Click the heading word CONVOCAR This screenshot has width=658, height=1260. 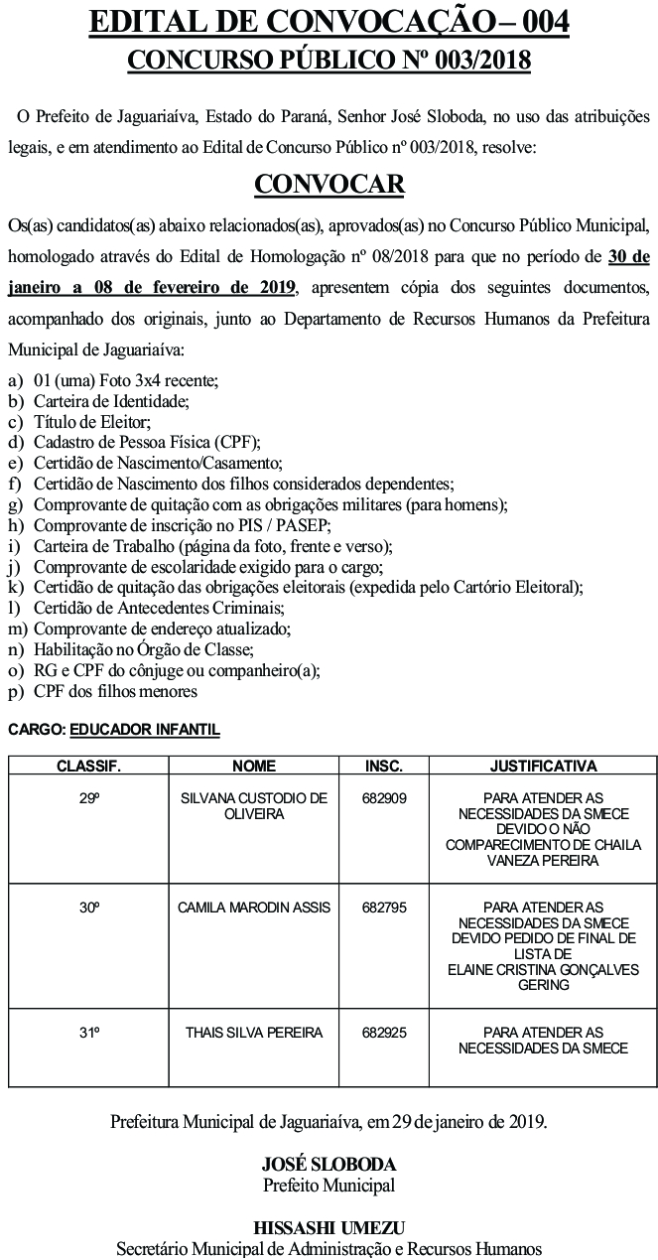point(329,184)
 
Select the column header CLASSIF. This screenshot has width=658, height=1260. point(88,767)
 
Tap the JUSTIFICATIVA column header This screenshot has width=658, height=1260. point(543,767)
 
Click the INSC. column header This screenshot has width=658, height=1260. point(384,767)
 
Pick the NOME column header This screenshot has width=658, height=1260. point(254,767)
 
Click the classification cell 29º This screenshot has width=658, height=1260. point(89,797)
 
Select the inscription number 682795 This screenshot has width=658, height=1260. point(384,908)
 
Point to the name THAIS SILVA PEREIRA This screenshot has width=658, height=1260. point(254,1033)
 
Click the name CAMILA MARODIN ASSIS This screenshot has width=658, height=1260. point(254,908)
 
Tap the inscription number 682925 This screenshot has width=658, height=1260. point(384,1033)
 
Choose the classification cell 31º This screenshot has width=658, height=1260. point(89,1033)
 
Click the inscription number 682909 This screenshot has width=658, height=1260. point(384,797)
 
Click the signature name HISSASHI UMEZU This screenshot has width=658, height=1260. point(329,1227)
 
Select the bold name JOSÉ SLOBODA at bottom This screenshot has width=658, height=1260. point(329,1164)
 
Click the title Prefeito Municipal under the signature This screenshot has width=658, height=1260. point(329,1185)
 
